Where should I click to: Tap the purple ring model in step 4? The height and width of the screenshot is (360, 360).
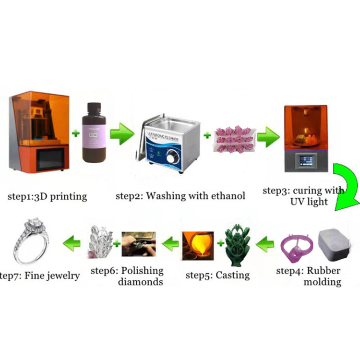pos(294,248)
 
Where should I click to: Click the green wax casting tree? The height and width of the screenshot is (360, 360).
pos(239,245)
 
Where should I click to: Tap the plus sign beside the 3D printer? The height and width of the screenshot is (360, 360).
pos(76,133)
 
